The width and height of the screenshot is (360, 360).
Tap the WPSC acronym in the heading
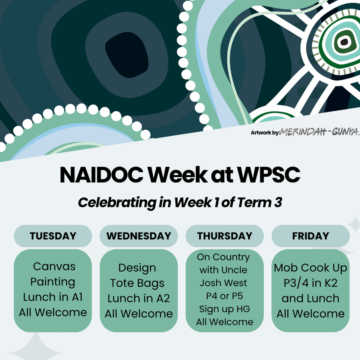tap(268, 175)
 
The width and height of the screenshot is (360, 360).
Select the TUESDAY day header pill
tap(53, 236)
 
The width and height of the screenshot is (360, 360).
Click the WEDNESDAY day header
tap(139, 236)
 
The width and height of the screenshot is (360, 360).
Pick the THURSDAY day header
tap(225, 236)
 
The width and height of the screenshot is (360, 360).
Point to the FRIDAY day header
tap(310, 236)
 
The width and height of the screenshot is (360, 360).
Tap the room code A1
tap(76, 297)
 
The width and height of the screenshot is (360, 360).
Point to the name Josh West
tap(223, 283)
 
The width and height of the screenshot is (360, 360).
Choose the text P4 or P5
tap(225, 296)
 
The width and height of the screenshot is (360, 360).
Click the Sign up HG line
tap(225, 309)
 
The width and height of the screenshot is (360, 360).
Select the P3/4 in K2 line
tap(310, 283)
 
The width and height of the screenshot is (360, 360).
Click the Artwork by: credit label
tap(265, 133)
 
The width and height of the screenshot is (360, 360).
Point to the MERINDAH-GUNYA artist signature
tap(320, 131)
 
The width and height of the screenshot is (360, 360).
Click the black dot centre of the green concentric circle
tap(344, 42)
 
